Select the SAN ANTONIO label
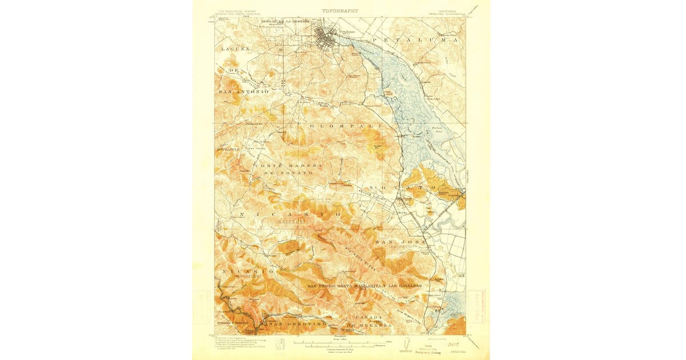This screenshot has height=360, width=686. (x=243, y=91)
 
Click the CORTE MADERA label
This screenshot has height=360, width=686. (x=288, y=166)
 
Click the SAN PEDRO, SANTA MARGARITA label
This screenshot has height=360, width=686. (x=365, y=285)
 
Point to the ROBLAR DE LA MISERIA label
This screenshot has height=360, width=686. (x=284, y=22)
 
